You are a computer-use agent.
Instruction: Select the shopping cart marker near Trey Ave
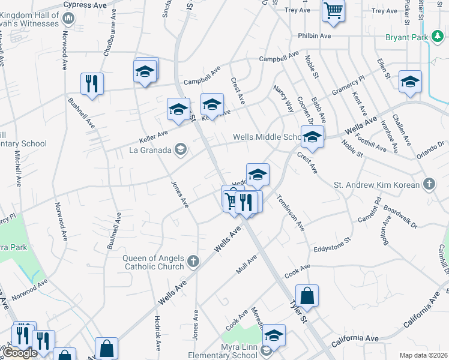click(334, 10)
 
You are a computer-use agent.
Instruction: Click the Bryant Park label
click(407, 37)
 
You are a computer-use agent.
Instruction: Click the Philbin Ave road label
click(315, 36)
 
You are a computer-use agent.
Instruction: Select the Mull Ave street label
click(246, 264)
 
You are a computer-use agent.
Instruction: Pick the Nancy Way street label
click(283, 98)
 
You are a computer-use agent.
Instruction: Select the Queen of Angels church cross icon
click(193, 261)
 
